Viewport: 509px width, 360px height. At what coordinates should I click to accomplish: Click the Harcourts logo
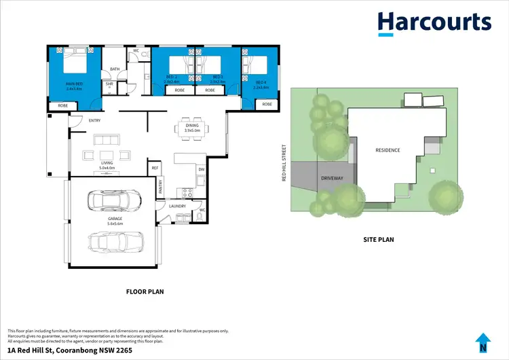tap(434, 22)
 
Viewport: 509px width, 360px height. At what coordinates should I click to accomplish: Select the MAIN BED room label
tap(74, 86)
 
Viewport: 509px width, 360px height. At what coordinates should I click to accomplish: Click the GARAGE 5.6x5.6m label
tap(115, 221)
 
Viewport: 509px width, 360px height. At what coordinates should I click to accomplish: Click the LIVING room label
tap(107, 165)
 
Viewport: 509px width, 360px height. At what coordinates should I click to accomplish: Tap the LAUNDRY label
tap(178, 206)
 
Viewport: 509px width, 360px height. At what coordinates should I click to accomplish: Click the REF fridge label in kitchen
tap(155, 167)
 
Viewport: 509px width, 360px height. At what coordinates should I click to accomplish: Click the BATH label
tap(115, 69)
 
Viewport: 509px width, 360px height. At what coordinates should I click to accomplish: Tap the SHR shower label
tap(109, 84)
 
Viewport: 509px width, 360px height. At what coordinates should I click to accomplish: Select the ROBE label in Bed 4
tap(267, 104)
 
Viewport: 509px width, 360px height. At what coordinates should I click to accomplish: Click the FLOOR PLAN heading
tap(145, 291)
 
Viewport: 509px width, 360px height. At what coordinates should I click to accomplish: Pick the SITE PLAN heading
tap(378, 239)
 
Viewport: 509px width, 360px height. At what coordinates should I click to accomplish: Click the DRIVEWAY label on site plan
tap(332, 179)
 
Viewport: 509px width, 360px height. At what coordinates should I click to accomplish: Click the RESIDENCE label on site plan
tap(388, 150)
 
